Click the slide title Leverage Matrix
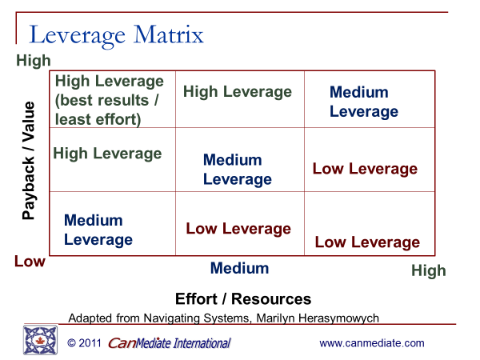116,36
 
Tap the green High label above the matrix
34,61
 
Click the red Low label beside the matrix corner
30,262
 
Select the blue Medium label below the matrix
240,268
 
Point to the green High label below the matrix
429,271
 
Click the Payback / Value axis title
29,161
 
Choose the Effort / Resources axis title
243,298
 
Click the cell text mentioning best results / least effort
110,101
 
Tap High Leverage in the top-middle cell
238,92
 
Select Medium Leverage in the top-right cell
364,102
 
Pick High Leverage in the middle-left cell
107,154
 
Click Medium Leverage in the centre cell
238,170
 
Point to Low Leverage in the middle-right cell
365,169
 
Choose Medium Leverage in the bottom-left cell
98,230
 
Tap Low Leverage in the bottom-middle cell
238,229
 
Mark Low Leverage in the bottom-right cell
367,242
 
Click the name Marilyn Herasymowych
318,318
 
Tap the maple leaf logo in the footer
40,340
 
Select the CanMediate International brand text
170,343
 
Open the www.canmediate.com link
372,343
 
